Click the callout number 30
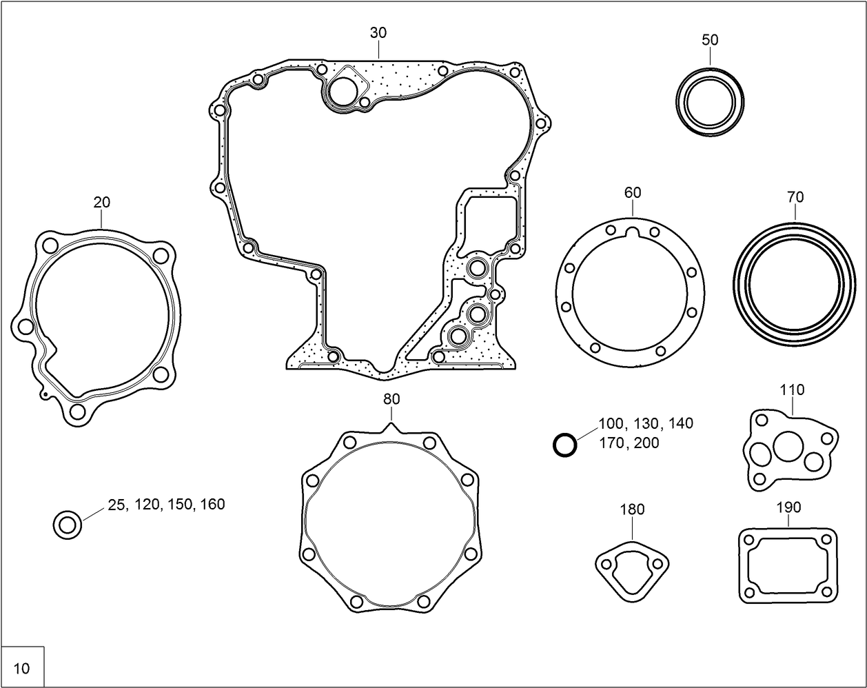pos(378,32)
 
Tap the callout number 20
pos(101,202)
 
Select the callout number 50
pos(710,40)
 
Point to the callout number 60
pos(633,192)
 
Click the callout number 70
pos(795,197)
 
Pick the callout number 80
pos(391,399)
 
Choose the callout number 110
pos(792,389)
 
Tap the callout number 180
pos(632,509)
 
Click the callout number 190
pos(788,507)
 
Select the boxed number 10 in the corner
pos(22,668)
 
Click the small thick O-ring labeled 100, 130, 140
pos(564,445)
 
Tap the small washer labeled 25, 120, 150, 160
pos(68,525)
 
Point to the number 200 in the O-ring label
pos(646,443)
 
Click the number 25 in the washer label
pos(116,505)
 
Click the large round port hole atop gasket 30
pos(342,91)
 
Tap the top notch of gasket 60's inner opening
pos(633,234)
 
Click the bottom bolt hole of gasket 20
pos(77,412)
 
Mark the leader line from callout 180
pos(632,529)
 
